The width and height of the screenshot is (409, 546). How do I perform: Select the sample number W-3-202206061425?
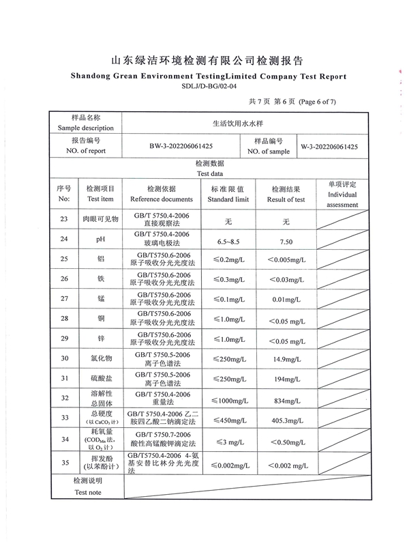329,146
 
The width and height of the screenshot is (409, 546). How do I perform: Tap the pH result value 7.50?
286,242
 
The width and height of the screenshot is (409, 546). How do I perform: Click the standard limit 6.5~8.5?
228,242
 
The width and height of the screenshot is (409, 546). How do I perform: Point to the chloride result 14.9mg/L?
286,358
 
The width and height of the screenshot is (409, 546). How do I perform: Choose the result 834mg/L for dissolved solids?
286,399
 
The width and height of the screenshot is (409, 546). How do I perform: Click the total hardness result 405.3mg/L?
286,420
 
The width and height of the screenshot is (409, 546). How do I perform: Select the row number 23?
64,220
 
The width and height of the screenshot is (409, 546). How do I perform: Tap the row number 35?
64,463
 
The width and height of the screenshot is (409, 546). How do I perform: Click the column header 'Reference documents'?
162,199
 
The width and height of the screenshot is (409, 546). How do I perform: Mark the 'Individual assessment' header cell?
342,195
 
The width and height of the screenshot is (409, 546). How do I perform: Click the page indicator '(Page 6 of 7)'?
314,102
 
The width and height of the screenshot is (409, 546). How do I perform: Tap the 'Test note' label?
88,491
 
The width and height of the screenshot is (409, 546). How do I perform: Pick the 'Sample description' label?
86,128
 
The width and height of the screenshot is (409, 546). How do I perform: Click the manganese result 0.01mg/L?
286,300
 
